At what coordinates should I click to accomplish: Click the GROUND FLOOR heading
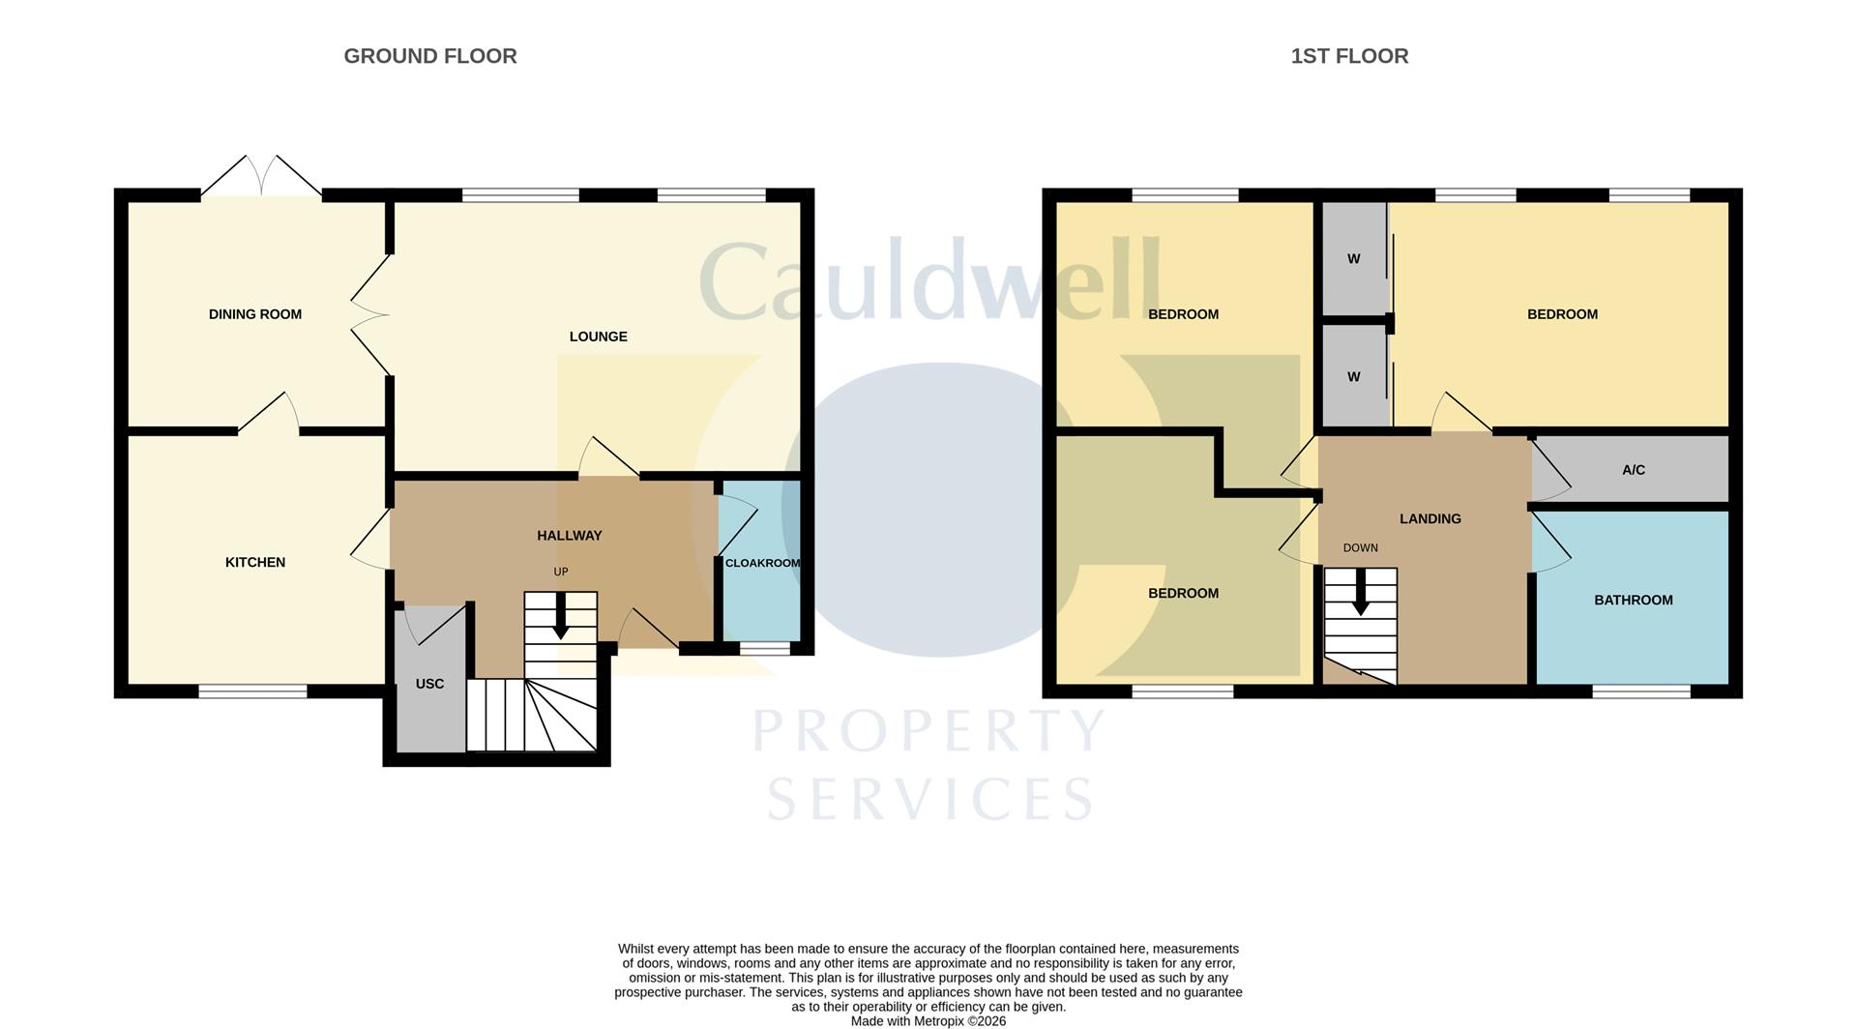[430, 56]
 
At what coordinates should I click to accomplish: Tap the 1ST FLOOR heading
[1349, 56]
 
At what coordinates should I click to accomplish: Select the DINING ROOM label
[255, 314]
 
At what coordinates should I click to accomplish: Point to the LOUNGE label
[599, 337]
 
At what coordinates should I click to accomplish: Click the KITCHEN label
[255, 562]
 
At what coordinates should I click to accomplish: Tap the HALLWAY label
[570, 535]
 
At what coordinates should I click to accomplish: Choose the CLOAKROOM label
[763, 563]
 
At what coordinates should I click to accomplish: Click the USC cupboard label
[429, 684]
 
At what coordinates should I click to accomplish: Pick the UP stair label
[561, 572]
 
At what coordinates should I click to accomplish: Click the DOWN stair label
[1361, 547]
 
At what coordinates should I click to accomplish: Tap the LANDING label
[1430, 518]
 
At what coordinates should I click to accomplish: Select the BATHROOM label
[1634, 600]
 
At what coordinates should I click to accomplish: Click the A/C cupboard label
[1634, 470]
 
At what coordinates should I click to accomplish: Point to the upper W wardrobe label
[1354, 259]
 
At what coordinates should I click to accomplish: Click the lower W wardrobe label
[1354, 377]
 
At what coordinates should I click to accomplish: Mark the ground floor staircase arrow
[561, 616]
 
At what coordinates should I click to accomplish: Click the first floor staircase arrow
[1361, 592]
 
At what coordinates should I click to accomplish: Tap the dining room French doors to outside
[261, 177]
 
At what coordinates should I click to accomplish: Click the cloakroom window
[765, 648]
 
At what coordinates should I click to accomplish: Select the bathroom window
[1641, 691]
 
